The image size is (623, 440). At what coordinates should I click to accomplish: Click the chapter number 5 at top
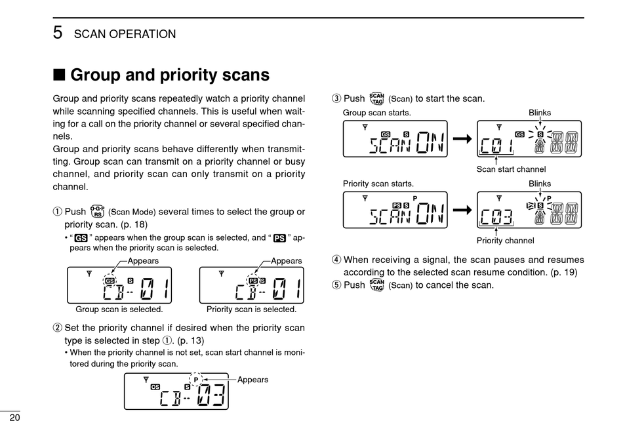(58, 33)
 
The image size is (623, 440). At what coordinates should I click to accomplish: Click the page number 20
(14, 418)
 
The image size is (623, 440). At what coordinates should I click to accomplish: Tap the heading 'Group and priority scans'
(169, 75)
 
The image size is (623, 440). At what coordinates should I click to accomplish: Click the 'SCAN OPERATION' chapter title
(125, 34)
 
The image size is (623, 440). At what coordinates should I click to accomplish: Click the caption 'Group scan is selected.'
(119, 310)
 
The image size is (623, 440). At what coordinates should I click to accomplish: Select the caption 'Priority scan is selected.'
(251, 310)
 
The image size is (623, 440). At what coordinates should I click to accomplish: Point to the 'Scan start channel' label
(511, 169)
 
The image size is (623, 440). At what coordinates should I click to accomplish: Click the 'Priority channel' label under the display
(505, 241)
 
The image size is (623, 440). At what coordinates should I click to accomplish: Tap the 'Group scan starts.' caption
(377, 112)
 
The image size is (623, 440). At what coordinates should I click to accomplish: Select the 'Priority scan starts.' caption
(378, 184)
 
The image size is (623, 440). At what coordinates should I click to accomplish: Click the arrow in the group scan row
(462, 139)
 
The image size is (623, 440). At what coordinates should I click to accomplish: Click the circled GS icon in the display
(109, 281)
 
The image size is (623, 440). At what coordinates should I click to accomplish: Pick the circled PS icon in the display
(252, 281)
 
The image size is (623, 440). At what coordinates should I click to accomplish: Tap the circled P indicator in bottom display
(195, 379)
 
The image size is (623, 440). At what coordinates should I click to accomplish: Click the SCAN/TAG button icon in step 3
(376, 98)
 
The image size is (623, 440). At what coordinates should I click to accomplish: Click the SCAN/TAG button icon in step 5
(376, 285)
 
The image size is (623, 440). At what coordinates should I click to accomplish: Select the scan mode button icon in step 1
(96, 211)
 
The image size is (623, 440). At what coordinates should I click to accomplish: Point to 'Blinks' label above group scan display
(540, 113)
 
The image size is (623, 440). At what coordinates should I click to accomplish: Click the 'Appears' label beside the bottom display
(252, 380)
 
